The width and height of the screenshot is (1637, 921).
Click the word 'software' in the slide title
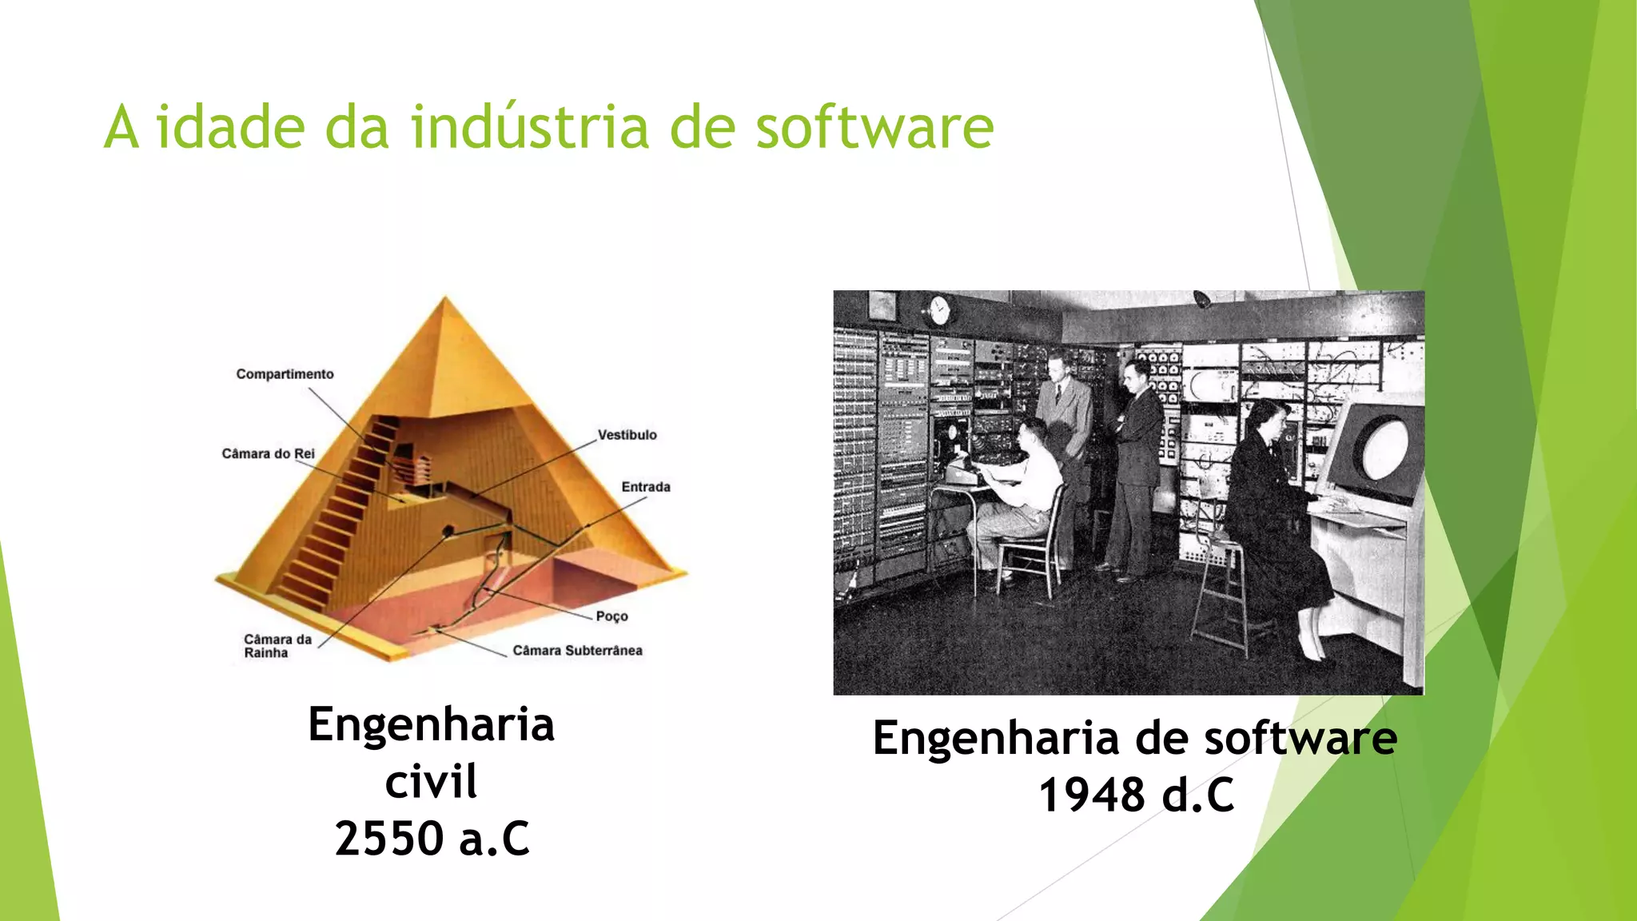pyautogui.click(x=874, y=128)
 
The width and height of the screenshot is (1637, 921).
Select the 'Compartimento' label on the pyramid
pyautogui.click(x=285, y=374)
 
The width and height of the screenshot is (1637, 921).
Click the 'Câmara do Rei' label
pyautogui.click(x=268, y=453)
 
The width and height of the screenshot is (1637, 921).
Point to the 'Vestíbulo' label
pyautogui.click(x=627, y=435)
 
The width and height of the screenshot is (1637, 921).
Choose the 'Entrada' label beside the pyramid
pyautogui.click(x=646, y=487)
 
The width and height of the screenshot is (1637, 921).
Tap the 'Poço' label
pyautogui.click(x=611, y=616)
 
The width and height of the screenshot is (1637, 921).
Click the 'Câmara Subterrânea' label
pyautogui.click(x=577, y=651)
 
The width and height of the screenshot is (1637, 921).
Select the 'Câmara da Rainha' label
pyautogui.click(x=277, y=646)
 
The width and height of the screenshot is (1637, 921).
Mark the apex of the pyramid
pyautogui.click(x=446, y=300)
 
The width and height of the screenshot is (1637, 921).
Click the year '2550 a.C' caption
pyautogui.click(x=432, y=838)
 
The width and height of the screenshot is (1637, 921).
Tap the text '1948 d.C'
pyautogui.click(x=1136, y=795)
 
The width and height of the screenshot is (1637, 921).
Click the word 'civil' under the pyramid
pyautogui.click(x=431, y=781)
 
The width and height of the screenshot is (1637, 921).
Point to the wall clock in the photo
pyautogui.click(x=939, y=310)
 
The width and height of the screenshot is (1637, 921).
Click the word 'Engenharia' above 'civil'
pyautogui.click(x=431, y=724)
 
